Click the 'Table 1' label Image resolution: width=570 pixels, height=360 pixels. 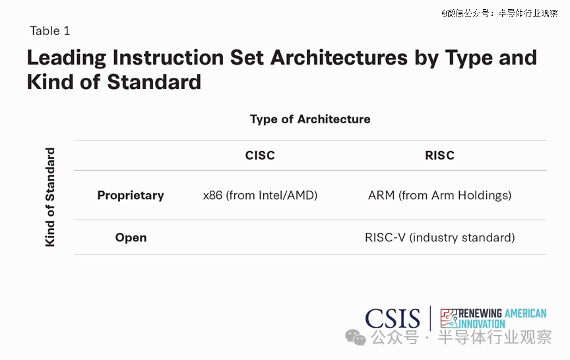(49, 31)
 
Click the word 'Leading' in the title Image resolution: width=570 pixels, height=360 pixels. (67, 58)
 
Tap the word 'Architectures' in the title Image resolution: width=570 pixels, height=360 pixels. (339, 57)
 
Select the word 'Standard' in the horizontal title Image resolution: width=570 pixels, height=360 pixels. (154, 82)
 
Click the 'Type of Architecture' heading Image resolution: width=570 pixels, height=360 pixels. (310, 119)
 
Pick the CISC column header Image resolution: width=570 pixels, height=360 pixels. (260, 156)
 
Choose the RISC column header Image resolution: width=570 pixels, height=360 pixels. (439, 156)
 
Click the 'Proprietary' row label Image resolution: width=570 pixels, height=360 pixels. (131, 195)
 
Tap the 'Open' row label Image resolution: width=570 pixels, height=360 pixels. (131, 237)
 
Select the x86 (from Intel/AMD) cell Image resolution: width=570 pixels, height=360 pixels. (261, 195)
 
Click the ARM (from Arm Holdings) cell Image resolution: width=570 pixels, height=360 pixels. (440, 195)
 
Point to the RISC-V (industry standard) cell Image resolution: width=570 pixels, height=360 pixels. (440, 237)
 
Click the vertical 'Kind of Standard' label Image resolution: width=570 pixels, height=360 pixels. (49, 197)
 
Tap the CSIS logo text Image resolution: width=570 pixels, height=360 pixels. (393, 318)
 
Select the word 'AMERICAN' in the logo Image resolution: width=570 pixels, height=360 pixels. (525, 313)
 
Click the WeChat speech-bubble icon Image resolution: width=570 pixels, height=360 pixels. (355, 338)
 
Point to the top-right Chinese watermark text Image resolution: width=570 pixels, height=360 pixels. (499, 13)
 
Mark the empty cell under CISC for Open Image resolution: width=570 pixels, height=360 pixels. (261, 237)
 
